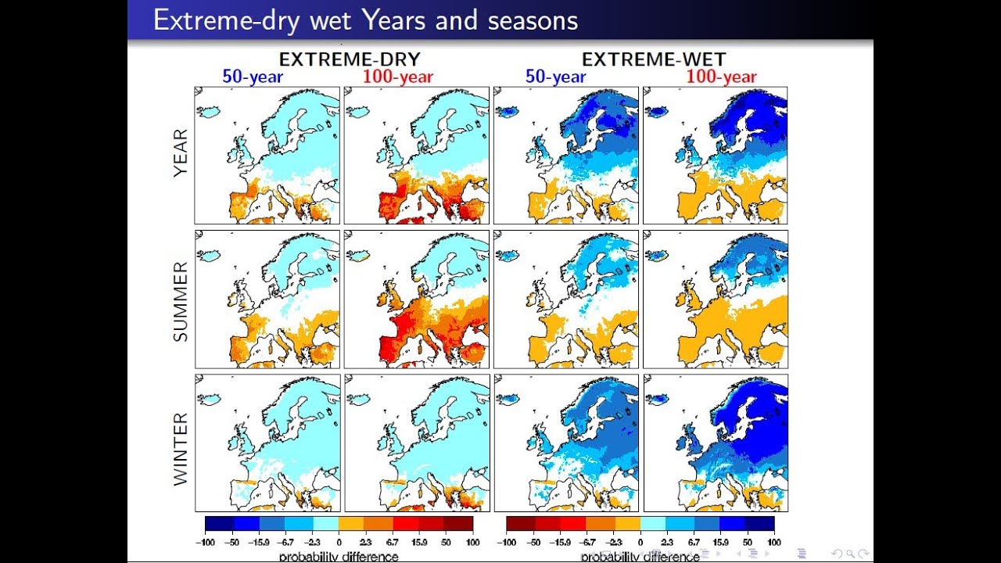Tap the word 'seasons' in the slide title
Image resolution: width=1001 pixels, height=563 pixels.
click(533, 20)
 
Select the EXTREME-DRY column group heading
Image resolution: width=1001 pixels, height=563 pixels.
click(350, 59)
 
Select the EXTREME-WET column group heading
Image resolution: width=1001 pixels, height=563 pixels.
click(654, 59)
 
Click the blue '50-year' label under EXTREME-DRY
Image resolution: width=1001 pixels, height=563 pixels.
click(253, 77)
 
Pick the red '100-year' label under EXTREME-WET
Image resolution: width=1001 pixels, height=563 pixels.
click(721, 77)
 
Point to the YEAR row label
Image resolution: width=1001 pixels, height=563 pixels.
click(181, 155)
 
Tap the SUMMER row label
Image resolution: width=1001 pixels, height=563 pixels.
click(181, 301)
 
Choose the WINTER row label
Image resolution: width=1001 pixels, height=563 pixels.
click(181, 450)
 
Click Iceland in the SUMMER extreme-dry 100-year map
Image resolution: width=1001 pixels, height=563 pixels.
click(358, 255)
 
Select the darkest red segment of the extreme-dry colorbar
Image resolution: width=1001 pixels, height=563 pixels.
click(459, 524)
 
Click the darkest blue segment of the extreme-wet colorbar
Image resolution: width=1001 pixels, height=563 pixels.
click(760, 524)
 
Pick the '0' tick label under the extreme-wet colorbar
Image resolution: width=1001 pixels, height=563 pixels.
click(640, 541)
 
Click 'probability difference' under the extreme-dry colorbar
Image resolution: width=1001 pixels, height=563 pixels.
click(339, 557)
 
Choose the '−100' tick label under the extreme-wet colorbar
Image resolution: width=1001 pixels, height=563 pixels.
click(506, 541)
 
